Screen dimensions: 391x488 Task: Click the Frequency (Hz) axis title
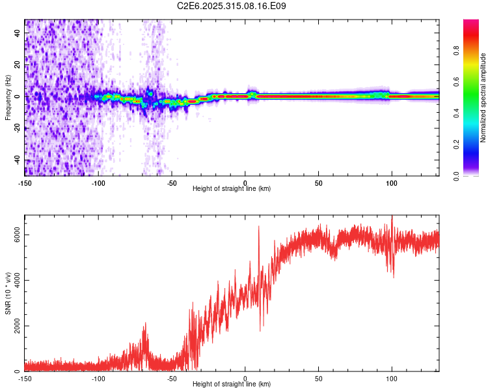pos(8,98)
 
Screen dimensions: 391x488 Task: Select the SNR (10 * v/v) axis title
pos(8,293)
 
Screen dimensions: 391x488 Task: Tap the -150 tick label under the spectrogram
pos(25,183)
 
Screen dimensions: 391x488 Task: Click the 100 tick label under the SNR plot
pos(392,379)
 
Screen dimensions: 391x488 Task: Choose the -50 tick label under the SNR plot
pos(172,379)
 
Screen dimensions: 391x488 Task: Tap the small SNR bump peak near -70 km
pos(145,324)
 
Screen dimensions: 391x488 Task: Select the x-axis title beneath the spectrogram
pos(232,189)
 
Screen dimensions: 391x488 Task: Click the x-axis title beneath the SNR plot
pos(232,384)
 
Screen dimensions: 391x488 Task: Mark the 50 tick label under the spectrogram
pos(318,183)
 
